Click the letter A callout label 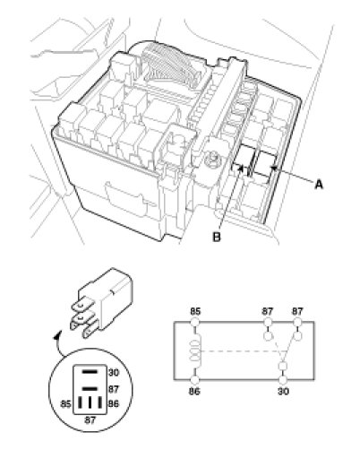point(319,185)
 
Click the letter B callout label point(217,237)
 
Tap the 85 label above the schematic point(195,311)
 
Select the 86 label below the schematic point(194,391)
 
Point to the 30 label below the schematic point(283,391)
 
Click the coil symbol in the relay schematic point(195,351)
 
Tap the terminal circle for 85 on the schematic point(195,322)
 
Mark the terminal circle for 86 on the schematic point(194,380)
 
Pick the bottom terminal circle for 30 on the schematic point(283,380)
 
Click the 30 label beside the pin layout point(114,373)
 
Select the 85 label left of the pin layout point(65,404)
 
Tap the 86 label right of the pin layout point(114,404)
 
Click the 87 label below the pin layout point(90,420)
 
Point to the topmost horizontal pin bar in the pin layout point(90,372)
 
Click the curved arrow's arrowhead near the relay point(56,335)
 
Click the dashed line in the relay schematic point(239,351)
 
